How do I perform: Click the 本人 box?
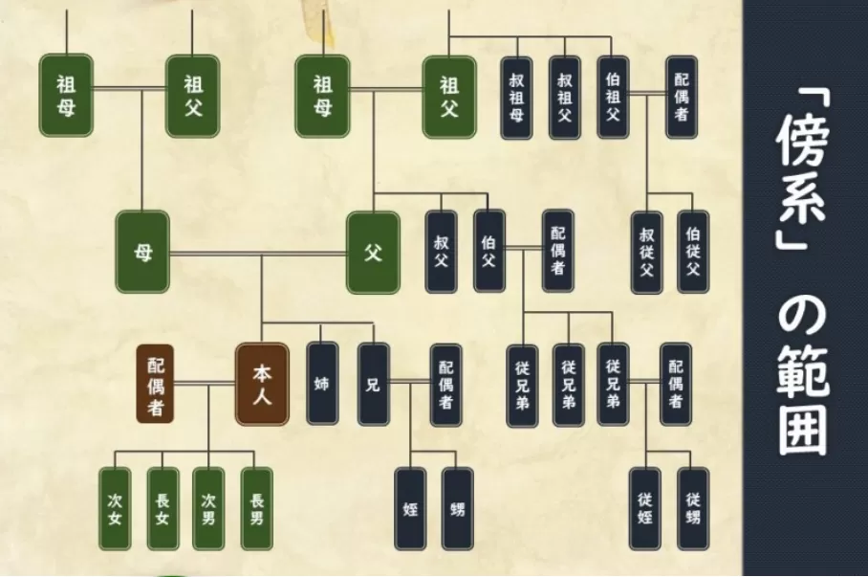point(262,384)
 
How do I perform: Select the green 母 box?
point(142,253)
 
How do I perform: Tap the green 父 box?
point(373,253)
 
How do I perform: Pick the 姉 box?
point(322,384)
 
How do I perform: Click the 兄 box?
point(373,384)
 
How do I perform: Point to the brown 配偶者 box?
point(155,384)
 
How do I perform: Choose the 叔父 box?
point(441,252)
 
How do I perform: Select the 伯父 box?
point(488,252)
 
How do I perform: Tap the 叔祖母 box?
point(517,98)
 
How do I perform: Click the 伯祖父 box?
point(613,98)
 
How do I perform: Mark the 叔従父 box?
point(646,253)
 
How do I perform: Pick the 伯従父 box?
point(693,253)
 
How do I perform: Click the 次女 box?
point(115,509)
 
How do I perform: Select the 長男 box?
point(257,509)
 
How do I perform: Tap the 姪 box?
point(410,509)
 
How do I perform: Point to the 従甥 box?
point(693,509)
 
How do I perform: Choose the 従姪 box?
point(645,509)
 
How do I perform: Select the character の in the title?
point(803,317)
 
